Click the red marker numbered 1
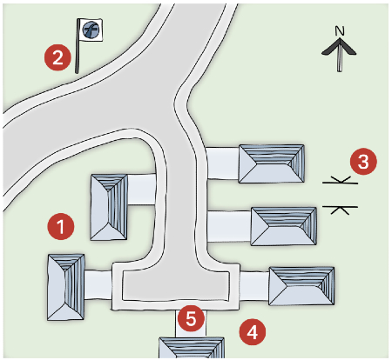coord(60,226)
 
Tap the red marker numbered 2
coord(57,58)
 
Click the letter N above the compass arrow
coord(341,32)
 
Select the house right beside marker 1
coord(109,206)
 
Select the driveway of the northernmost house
coord(224,163)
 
